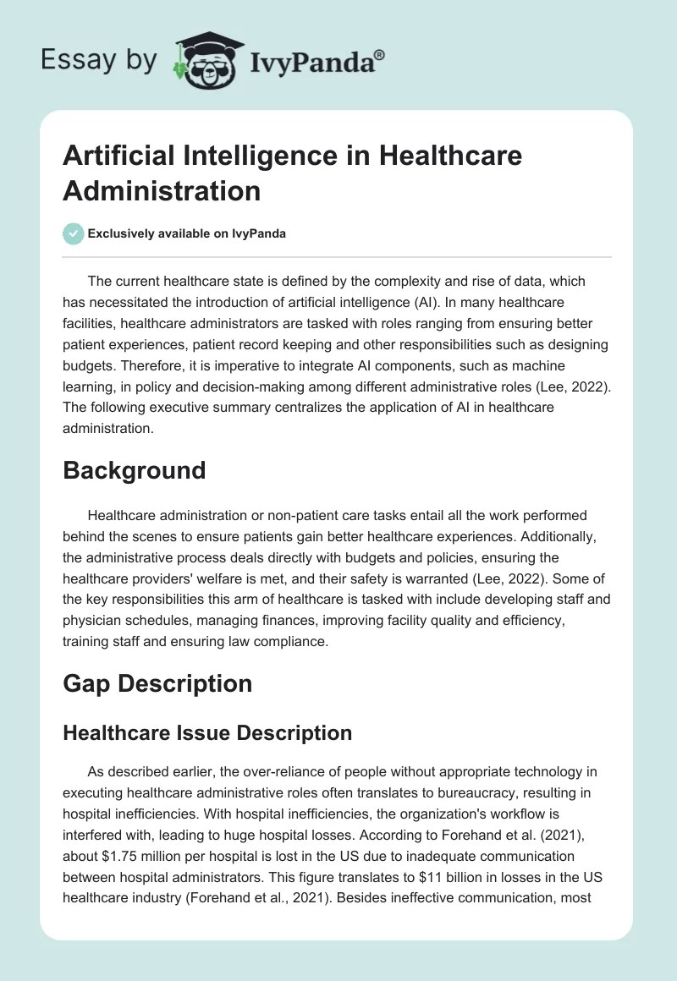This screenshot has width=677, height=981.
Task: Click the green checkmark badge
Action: [73, 233]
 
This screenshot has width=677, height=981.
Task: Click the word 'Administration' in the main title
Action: [162, 189]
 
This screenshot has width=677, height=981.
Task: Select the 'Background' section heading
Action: [135, 469]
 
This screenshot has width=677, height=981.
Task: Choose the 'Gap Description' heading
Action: [157, 682]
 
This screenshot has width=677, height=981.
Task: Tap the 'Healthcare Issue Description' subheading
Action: [207, 733]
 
